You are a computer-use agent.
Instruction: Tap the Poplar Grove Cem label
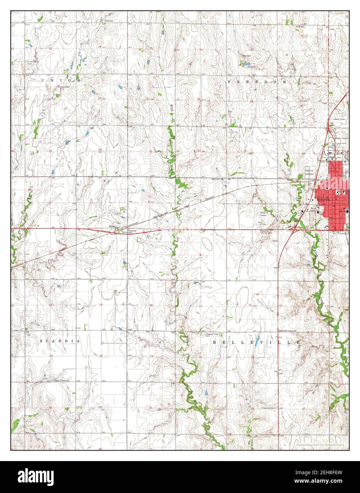pos(61,381)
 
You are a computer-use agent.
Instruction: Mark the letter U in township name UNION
pos(43,81)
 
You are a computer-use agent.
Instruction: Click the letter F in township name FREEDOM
pos(229,82)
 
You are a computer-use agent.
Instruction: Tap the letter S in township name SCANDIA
pos(41,341)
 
